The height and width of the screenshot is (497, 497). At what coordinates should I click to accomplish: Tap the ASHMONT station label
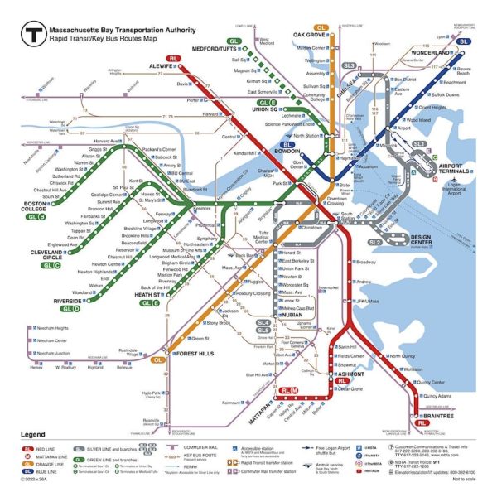348,374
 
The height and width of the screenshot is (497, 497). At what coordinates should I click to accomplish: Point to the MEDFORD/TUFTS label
214,47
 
